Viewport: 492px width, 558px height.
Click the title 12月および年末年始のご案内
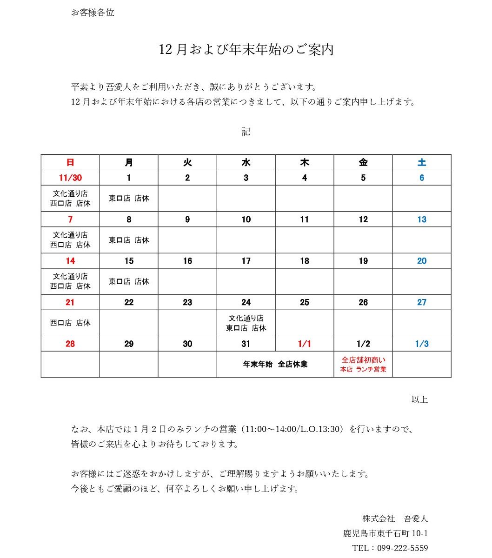pyautogui.click(x=246, y=50)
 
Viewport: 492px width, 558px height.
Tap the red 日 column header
pyautogui.click(x=70, y=162)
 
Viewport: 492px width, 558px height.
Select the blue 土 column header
pyautogui.click(x=422, y=162)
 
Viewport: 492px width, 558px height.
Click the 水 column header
pyautogui.click(x=246, y=162)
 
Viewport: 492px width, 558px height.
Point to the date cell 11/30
pyautogui.click(x=70, y=178)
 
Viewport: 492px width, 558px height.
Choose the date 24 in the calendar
pyautogui.click(x=246, y=302)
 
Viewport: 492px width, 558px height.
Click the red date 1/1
pyautogui.click(x=305, y=344)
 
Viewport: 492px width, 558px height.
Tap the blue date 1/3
pyautogui.click(x=422, y=344)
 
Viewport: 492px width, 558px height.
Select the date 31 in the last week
pyautogui.click(x=246, y=344)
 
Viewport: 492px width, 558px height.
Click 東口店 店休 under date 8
pyautogui.click(x=129, y=240)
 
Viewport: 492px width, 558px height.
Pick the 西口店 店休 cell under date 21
pyautogui.click(x=70, y=323)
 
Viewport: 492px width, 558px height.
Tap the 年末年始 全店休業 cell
pyautogui.click(x=275, y=364)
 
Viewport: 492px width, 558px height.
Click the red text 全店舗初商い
pyautogui.click(x=363, y=359)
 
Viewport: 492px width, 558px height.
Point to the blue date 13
pyautogui.click(x=422, y=219)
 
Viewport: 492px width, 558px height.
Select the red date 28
pyautogui.click(x=70, y=344)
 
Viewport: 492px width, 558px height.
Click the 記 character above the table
pyautogui.click(x=246, y=132)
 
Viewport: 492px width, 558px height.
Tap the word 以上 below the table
pyautogui.click(x=419, y=399)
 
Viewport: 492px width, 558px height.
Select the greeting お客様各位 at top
pyautogui.click(x=93, y=13)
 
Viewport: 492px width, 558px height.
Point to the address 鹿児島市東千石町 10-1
pyautogui.click(x=386, y=533)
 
